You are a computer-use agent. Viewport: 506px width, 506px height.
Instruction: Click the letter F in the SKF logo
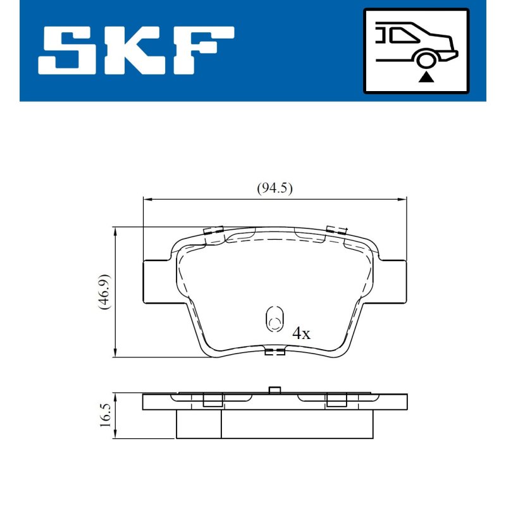(204, 51)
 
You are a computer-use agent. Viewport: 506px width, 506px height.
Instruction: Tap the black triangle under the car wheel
(426, 77)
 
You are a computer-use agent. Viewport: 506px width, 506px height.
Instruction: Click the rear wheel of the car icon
(426, 60)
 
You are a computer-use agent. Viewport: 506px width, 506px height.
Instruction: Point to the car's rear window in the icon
(404, 35)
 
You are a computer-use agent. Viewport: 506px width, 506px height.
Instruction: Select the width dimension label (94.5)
(275, 188)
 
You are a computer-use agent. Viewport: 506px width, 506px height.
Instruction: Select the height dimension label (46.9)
(104, 292)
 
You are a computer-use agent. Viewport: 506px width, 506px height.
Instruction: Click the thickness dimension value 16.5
(106, 416)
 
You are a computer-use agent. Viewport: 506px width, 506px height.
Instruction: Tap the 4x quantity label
(301, 333)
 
